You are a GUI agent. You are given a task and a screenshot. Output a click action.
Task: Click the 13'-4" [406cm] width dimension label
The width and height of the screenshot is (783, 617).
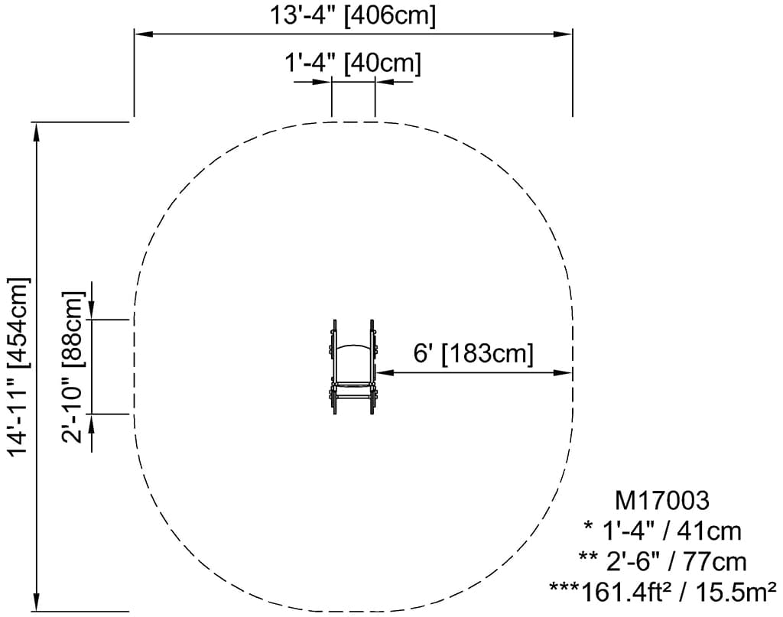353,15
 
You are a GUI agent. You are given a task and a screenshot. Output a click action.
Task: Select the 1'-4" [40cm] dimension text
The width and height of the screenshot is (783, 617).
353,63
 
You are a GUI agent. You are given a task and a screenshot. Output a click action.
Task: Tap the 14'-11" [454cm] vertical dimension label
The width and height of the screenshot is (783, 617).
19,366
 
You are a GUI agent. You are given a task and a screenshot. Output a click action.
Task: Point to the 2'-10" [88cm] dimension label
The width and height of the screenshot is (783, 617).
73,368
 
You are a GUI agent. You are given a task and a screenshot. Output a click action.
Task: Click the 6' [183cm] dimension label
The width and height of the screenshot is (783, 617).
473,353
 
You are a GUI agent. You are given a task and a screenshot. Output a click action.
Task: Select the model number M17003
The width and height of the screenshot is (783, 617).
661,500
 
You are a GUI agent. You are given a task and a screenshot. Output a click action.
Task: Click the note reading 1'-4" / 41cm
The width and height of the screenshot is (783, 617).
663,531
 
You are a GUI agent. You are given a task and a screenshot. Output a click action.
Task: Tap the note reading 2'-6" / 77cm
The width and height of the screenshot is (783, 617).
663,562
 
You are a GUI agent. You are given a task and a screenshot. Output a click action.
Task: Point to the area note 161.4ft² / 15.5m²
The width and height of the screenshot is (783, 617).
679,592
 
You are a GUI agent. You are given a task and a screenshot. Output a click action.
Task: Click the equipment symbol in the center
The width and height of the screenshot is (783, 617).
353,367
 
